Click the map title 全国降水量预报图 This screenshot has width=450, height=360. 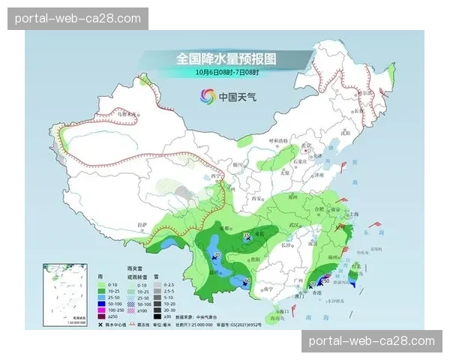pyautogui.click(x=226, y=58)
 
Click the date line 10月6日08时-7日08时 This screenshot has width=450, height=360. pyautogui.click(x=226, y=72)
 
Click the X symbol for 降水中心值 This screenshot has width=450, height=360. pyautogui.click(x=100, y=323)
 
